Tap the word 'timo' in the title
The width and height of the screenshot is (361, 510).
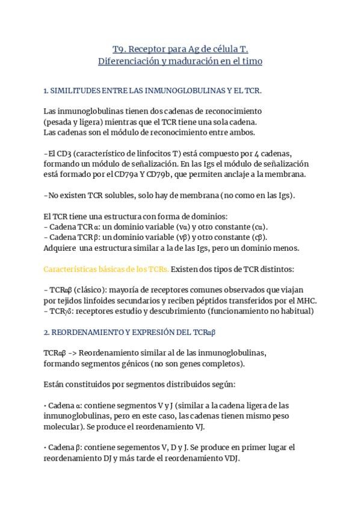(252, 61)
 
